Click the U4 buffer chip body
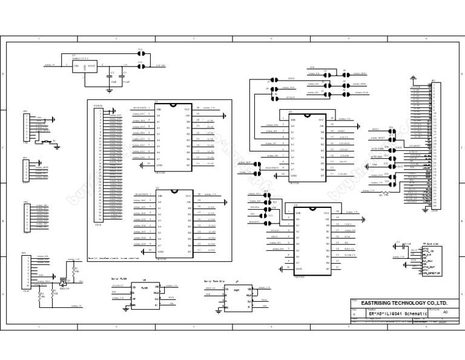coord(311,240)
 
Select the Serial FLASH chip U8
coord(145,293)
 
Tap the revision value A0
coord(446,312)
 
